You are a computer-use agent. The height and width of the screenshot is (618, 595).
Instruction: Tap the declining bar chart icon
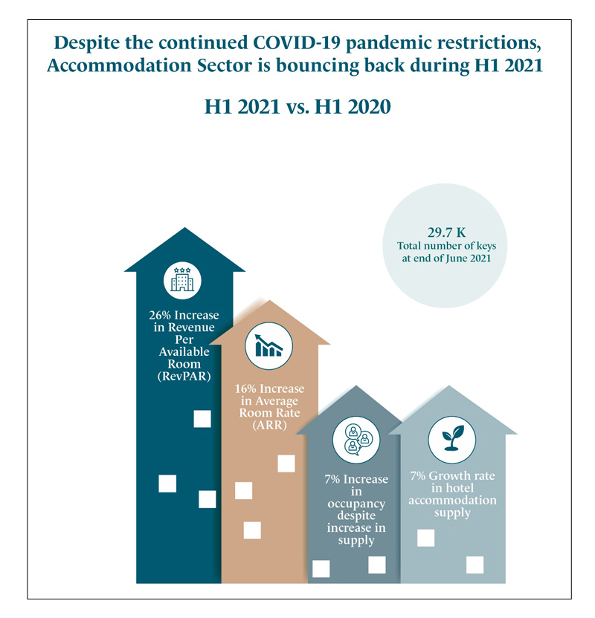268,346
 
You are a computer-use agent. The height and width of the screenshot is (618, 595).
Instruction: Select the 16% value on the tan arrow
248,388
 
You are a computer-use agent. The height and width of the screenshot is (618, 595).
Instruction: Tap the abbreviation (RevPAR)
184,377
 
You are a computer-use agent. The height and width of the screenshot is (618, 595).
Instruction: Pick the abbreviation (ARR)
269,425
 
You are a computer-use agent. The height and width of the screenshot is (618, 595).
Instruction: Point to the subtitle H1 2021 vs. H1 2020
297,106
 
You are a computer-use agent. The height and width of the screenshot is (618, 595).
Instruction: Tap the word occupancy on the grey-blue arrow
356,504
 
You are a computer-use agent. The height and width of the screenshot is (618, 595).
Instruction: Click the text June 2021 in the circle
464,258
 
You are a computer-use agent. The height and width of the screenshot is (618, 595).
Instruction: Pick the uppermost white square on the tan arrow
286,463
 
